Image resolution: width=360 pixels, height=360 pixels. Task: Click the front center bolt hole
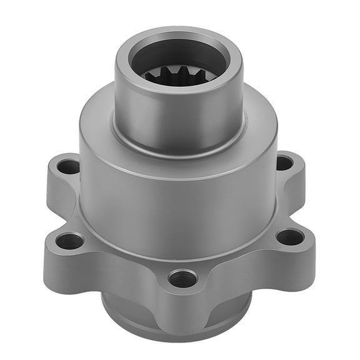(182, 277)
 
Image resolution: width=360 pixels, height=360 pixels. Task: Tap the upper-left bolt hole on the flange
(69, 167)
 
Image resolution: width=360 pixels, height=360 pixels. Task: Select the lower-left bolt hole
(69, 240)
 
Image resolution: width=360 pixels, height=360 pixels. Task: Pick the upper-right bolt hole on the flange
(284, 163)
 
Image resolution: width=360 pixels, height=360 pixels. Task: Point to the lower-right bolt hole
(290, 237)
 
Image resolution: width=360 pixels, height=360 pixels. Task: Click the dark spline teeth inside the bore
(178, 77)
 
